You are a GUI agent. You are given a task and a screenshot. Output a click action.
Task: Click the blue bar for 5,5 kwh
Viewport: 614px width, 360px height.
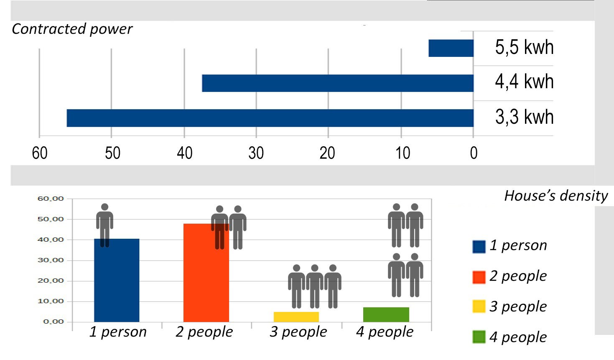coord(451,48)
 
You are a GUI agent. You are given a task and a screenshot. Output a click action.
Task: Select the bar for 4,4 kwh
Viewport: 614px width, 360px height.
coord(338,83)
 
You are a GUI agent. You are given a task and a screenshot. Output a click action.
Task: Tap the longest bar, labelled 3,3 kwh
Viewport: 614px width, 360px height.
coord(270,118)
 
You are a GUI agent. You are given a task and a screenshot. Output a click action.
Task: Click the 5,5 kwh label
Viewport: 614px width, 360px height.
coord(524,47)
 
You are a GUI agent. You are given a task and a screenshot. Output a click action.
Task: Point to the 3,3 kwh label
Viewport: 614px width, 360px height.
coord(524,117)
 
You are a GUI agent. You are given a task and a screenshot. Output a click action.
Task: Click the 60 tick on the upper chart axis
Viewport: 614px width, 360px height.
coord(40,153)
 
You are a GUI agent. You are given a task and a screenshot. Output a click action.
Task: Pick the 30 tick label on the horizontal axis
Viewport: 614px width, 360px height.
coord(256,153)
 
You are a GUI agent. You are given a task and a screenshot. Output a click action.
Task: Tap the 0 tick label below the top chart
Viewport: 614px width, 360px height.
coord(474,153)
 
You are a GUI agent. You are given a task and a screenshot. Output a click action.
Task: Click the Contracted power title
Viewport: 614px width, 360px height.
coord(72,29)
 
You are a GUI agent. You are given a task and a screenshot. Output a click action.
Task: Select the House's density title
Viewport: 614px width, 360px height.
coord(555,196)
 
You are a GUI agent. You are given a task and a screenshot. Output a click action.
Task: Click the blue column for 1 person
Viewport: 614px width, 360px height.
coord(117,280)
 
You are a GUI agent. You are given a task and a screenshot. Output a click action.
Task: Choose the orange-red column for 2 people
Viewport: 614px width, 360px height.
coord(206,273)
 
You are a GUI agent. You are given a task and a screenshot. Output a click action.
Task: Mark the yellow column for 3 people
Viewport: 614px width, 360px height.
coord(296,317)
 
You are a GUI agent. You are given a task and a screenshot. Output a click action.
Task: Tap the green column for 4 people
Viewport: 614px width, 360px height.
coord(386,314)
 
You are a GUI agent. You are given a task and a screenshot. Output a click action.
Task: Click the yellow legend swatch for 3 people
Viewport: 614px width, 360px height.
coord(479,306)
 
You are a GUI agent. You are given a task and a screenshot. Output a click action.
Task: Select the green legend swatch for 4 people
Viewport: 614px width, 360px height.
coord(479,337)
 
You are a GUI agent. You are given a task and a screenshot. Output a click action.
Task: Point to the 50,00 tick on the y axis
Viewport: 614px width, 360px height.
coord(51,219)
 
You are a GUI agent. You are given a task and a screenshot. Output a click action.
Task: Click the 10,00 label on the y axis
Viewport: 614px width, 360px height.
coord(51,301)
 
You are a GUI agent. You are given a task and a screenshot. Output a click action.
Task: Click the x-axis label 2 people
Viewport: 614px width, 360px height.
coord(204,332)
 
